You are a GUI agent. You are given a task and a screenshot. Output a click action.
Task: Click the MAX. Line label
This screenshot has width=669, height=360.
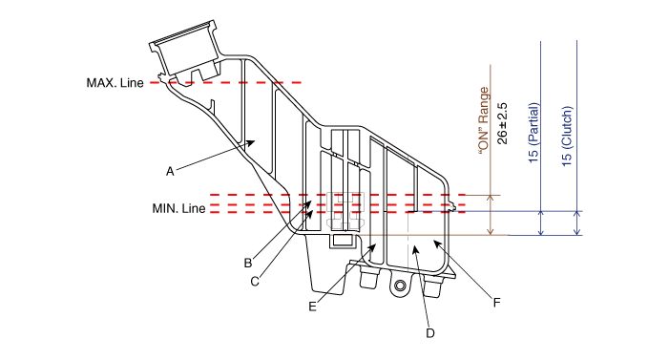115,83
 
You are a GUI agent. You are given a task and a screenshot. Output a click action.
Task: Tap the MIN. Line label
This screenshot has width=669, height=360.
178,208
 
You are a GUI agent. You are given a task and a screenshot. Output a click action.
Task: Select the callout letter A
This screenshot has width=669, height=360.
170,172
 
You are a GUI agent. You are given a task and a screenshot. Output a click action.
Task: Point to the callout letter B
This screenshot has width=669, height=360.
248,263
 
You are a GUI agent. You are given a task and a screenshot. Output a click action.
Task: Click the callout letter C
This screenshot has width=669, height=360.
255,282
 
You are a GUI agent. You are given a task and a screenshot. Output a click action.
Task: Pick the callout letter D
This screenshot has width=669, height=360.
430,333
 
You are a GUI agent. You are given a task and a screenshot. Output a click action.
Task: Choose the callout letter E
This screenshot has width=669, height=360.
312,307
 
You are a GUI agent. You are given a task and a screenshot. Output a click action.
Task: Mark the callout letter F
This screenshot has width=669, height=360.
496,303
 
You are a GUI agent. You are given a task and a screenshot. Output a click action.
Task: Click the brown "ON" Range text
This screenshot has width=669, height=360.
484,121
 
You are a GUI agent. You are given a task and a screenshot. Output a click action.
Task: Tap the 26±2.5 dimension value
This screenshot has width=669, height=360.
503,123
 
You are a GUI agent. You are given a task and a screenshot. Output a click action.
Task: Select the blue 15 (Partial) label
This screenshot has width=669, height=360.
533,133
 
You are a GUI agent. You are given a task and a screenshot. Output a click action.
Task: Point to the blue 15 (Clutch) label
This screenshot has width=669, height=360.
566,137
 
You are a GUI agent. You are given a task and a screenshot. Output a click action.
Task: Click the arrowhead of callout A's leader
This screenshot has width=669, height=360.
252,142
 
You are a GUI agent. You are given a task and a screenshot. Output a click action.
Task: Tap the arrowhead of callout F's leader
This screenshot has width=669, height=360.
436,244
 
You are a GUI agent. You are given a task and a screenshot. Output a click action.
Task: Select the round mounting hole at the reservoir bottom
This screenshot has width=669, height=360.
400,285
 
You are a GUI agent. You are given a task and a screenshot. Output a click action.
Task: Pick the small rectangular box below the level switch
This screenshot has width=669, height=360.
344,240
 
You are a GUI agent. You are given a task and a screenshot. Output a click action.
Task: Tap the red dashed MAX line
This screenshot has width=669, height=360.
226,82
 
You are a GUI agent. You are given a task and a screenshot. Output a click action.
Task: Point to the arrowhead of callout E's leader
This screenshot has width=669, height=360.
372,247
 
